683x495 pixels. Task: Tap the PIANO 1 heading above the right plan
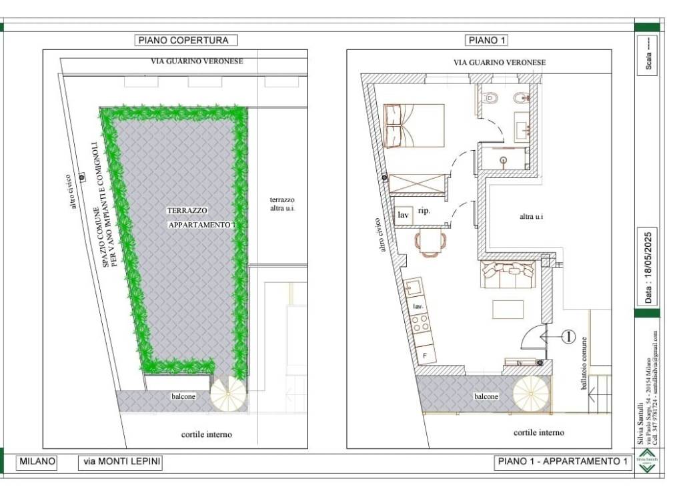[x=486, y=40]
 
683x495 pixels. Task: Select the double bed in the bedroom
[x=414, y=125]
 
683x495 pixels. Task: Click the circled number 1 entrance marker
[x=568, y=337]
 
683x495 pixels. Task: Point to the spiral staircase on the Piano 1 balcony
[x=532, y=394]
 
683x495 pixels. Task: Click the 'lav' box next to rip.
[x=403, y=215]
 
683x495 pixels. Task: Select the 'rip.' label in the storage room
[x=424, y=211]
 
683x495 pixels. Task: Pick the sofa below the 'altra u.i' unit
[x=509, y=274]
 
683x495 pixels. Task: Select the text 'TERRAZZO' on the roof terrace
[x=182, y=210]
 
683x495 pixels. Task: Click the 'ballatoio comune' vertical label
[x=585, y=364]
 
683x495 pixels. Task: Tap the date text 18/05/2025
[x=647, y=266]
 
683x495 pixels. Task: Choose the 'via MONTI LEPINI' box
[x=121, y=461]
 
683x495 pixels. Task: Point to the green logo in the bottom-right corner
[x=646, y=463]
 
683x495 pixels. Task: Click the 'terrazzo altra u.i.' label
[x=282, y=204]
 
